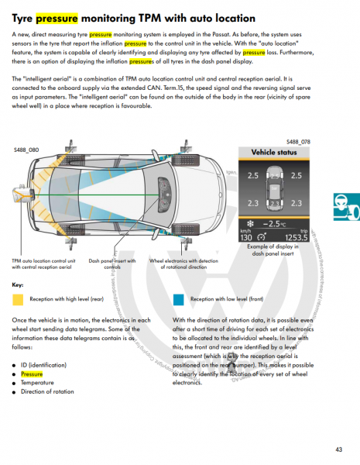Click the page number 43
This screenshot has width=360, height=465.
(339, 449)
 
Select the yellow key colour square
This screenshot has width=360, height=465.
(18, 298)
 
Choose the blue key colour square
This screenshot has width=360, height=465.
(179, 298)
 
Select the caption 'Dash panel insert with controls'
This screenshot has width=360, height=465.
(112, 265)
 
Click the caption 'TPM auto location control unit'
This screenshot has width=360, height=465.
(43, 261)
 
